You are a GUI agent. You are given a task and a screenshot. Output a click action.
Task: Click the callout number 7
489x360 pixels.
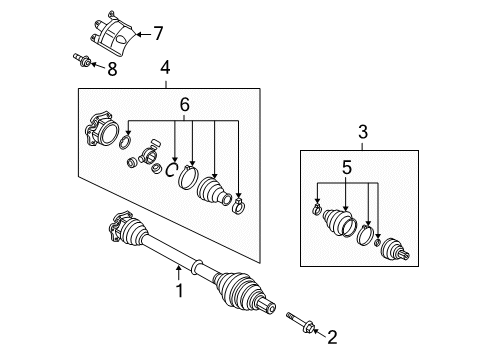(x=158, y=34)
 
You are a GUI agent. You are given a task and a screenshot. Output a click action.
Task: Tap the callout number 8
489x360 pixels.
(x=112, y=69)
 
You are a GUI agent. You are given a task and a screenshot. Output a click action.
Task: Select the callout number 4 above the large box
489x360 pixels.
(x=165, y=67)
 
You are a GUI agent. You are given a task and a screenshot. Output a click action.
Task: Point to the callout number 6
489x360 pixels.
(x=185, y=105)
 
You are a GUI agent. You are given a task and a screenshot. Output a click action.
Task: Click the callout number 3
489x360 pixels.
(x=363, y=132)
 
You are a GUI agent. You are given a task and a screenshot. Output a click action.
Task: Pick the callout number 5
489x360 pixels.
(x=347, y=167)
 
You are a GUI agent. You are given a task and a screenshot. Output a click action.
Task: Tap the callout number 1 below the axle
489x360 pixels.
(x=180, y=291)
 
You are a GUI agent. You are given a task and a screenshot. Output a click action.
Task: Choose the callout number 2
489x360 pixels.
(x=332, y=337)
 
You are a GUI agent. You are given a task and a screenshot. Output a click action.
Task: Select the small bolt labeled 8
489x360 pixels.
(x=82, y=60)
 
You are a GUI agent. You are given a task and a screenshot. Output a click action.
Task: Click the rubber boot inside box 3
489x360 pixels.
(x=339, y=223)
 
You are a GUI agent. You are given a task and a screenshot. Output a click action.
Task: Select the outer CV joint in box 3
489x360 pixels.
(x=395, y=249)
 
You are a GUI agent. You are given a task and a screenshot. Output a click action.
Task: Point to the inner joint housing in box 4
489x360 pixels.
(x=102, y=130)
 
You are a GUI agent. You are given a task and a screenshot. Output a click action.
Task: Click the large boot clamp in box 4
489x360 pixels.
(x=189, y=177)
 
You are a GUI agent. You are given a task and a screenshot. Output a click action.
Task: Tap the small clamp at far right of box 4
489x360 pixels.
(x=238, y=207)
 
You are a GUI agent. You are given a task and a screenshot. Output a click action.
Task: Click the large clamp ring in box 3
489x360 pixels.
(x=365, y=235)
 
